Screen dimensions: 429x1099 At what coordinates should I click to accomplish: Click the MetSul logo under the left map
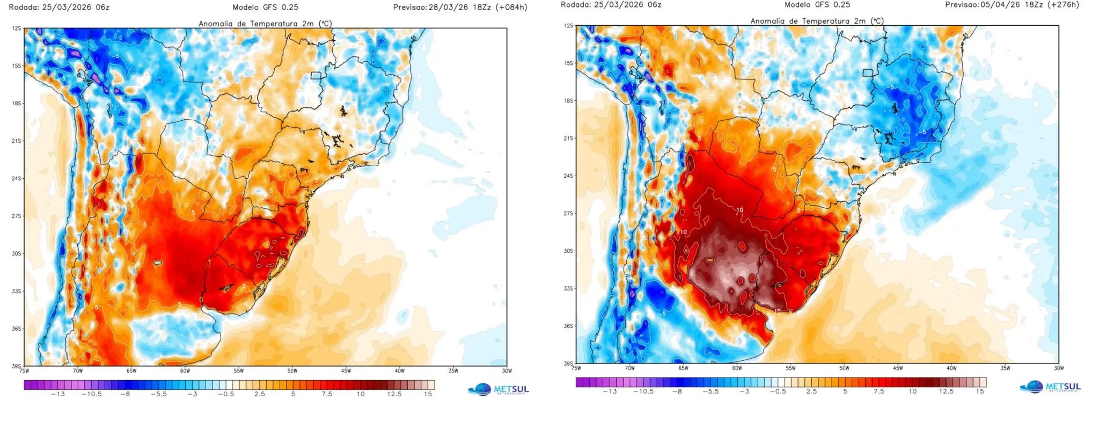tap(499, 389)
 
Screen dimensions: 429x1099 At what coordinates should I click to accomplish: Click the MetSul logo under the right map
tap(1051, 387)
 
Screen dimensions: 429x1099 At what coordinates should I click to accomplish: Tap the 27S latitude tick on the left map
tap(17, 216)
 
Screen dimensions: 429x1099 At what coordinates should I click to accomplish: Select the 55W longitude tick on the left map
tap(238, 370)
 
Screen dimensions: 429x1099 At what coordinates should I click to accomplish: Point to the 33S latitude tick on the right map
tap(568, 288)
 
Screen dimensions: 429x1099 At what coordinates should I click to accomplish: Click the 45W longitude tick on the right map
tap(898, 368)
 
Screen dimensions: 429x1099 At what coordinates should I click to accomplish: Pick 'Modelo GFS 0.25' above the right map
tap(817, 5)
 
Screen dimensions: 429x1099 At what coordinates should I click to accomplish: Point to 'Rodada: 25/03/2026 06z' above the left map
tap(59, 8)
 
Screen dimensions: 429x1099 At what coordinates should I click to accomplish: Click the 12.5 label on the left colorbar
tap(394, 394)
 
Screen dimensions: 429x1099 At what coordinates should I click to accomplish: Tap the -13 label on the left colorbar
tap(58, 394)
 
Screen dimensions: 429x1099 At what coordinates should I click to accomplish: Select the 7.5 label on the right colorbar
tap(878, 391)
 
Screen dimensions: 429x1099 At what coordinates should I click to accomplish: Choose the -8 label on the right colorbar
tap(677, 391)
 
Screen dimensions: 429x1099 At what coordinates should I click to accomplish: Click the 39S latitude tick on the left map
tap(17, 366)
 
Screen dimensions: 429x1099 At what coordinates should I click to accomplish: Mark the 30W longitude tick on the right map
tap(1058, 368)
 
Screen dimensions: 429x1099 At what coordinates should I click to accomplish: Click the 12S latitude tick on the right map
tap(568, 26)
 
